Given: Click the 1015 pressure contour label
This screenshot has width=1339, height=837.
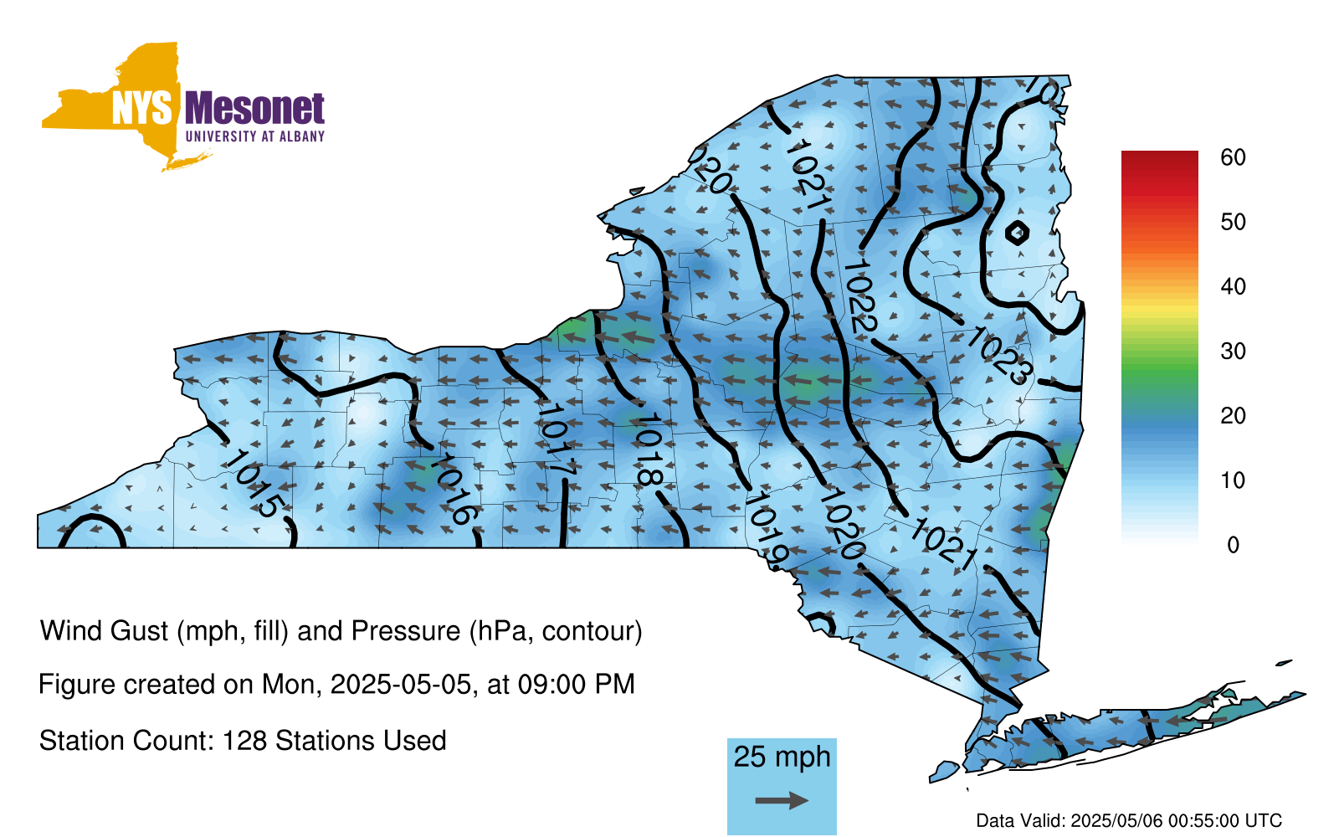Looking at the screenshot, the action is (x=254, y=484).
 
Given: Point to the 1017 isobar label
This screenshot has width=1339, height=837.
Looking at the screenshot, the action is (x=555, y=440).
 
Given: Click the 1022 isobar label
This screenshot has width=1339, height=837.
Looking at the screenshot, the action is (x=859, y=296).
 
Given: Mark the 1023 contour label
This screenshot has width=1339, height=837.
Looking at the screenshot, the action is (x=998, y=355).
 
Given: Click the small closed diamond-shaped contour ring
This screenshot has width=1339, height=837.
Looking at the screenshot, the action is (x=1017, y=233).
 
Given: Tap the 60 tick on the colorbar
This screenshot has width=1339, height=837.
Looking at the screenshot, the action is (x=1233, y=157).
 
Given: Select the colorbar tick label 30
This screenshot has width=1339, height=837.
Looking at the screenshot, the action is (x=1233, y=351).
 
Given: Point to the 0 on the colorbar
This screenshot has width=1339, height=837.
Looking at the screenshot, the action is (x=1233, y=545).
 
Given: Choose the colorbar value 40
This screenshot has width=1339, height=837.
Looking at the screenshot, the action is (x=1233, y=286).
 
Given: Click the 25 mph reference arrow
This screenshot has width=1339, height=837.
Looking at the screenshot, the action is (x=782, y=800).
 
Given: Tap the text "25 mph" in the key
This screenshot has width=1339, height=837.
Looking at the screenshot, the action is (x=782, y=757).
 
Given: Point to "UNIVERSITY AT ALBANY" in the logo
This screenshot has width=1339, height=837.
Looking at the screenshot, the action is (x=255, y=136).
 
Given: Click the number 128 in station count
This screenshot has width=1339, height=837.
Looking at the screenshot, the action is (x=240, y=741).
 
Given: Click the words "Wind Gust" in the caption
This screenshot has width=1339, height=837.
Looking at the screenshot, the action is (x=104, y=631).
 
